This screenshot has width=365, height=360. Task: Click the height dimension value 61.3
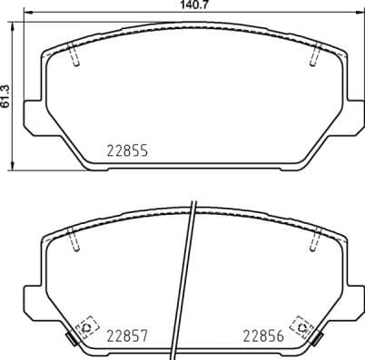[6, 95]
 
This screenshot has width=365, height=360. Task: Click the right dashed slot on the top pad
[314, 56]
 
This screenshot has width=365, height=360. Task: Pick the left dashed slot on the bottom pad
[74, 241]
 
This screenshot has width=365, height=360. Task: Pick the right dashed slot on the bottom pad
[314, 241]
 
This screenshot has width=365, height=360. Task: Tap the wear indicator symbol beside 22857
[87, 326]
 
